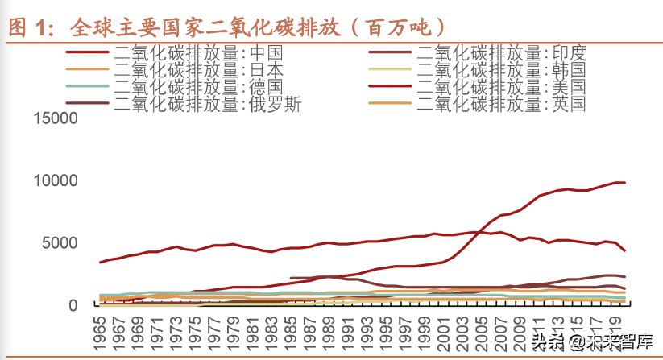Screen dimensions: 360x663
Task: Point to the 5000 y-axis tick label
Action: click(x=60, y=243)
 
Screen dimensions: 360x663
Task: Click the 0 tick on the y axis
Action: click(x=73, y=305)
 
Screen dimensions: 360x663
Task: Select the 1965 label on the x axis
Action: click(x=101, y=329)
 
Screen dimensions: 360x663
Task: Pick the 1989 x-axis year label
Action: click(x=329, y=329)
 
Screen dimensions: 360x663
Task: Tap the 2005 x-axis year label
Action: click(x=483, y=329)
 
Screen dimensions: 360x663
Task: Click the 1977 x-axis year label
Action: click(x=214, y=329)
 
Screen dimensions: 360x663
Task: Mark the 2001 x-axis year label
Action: click(x=444, y=329)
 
